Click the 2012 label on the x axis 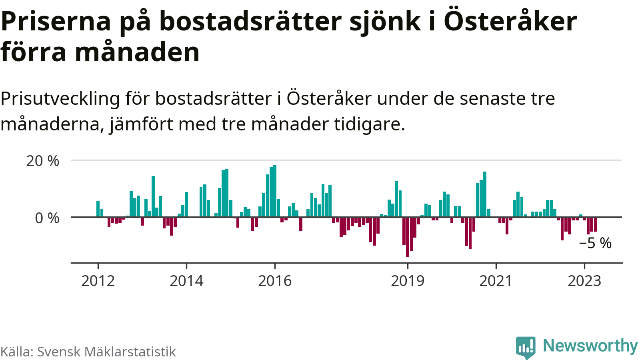[98, 281]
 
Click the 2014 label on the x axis [186, 281]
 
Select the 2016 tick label [275, 281]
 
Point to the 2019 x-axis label [408, 281]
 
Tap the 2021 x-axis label [496, 281]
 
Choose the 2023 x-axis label [584, 281]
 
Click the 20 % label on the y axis [42, 161]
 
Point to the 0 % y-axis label [47, 218]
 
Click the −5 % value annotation [595, 243]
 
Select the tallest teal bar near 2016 [275, 191]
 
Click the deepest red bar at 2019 [408, 237]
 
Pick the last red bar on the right [595, 224]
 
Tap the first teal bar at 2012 [98, 209]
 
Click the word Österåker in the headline [510, 22]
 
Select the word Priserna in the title [56, 22]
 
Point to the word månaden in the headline [137, 52]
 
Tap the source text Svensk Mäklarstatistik [106, 352]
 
